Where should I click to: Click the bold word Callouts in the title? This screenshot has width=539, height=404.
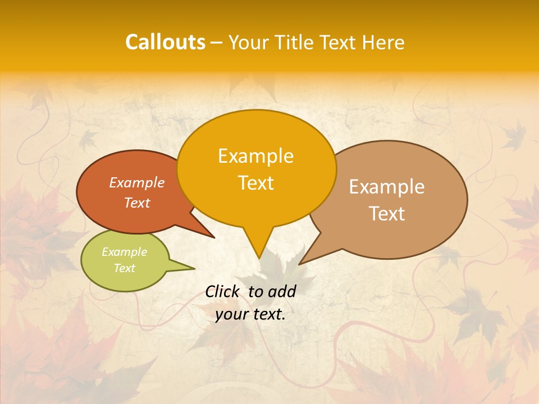click(165, 42)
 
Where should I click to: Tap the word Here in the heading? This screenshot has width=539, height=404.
click(383, 42)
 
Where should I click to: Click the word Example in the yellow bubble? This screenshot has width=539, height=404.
click(255, 156)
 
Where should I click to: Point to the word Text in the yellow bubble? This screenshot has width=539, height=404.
click(255, 183)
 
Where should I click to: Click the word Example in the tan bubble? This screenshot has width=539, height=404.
click(387, 187)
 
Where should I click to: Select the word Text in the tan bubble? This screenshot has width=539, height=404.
click(387, 214)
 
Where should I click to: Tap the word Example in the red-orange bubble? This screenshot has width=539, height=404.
click(137, 183)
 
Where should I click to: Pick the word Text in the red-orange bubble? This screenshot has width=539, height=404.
click(137, 203)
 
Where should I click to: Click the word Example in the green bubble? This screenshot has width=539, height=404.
click(124, 252)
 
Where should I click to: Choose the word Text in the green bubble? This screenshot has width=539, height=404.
click(124, 268)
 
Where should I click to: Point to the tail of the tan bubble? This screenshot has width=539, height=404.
click(306, 258)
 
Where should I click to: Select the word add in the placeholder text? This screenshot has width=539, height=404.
click(282, 291)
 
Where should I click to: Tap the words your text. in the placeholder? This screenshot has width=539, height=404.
click(250, 314)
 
